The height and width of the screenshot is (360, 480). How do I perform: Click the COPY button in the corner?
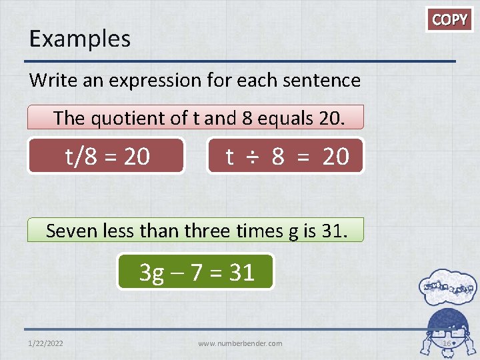tap(450, 20)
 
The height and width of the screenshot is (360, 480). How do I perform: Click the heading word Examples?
tap(79, 39)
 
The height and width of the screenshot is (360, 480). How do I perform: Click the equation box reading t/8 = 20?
tap(107, 156)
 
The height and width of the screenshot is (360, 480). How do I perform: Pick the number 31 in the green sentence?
tap(334, 231)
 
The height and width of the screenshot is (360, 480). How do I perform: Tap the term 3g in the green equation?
tap(153, 272)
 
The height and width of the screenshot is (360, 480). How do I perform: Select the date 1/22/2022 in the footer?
tap(47, 343)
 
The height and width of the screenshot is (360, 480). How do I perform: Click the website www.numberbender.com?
tap(240, 343)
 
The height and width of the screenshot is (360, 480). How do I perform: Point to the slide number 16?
tap(447, 343)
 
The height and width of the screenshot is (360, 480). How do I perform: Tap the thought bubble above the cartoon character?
tap(447, 287)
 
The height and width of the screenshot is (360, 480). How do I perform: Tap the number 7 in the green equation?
tap(196, 272)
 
